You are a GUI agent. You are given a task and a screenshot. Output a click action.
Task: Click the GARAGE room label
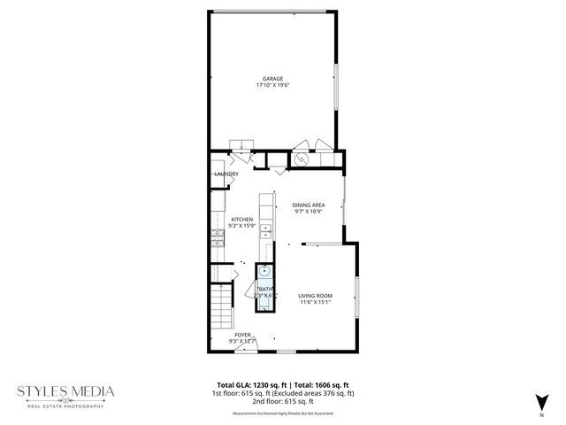point(272,79)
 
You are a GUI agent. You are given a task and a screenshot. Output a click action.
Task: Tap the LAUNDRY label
point(226,174)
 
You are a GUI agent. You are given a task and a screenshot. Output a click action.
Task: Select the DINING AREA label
point(310,205)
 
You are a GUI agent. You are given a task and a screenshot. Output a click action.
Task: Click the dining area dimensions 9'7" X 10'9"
point(310,212)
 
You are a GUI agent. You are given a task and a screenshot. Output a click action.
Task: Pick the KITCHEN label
point(241,219)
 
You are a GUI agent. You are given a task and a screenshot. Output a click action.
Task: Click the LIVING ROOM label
point(315,296)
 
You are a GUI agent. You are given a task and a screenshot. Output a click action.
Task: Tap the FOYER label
point(242,335)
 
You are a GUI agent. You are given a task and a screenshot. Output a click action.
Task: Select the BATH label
point(265,289)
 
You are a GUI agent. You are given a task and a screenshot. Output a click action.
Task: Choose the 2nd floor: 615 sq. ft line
point(283,401)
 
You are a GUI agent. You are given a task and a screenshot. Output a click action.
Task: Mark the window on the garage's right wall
point(335,86)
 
